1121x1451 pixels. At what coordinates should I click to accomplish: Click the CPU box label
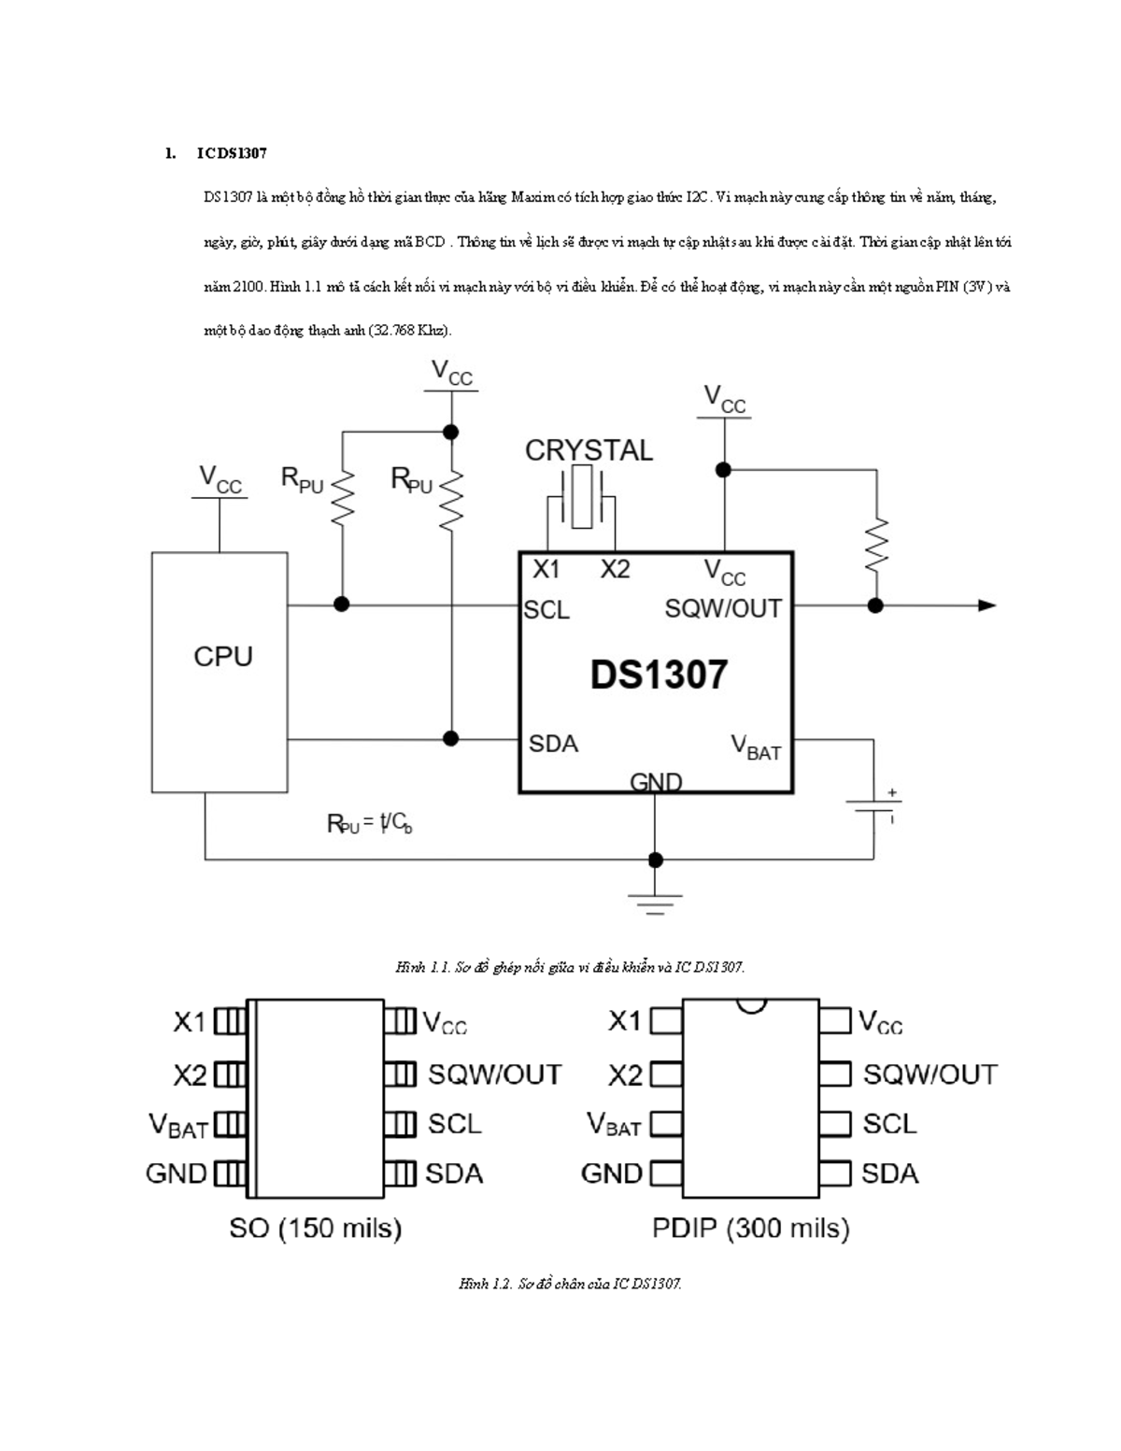222,657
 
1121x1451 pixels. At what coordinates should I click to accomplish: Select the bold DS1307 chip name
658,675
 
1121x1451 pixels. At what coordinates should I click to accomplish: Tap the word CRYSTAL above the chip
589,450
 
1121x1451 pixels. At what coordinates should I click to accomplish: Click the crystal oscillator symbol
581,499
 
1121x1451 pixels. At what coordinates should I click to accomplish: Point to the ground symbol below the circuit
655,902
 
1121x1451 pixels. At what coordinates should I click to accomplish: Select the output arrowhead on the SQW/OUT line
986,605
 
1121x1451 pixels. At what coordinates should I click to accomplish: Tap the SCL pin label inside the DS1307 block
546,610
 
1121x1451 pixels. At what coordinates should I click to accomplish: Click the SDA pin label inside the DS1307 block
553,744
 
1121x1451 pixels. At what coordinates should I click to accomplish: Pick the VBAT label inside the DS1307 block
755,747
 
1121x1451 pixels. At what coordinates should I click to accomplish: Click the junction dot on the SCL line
342,605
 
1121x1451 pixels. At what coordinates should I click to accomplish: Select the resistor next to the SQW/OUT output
875,545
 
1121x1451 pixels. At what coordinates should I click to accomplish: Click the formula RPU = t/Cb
369,824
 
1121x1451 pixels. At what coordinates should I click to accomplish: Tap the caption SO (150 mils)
315,1228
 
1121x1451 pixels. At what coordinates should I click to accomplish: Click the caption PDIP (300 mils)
750,1228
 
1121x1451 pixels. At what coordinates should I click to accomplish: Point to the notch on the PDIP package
750,1005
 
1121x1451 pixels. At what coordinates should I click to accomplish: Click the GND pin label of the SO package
176,1173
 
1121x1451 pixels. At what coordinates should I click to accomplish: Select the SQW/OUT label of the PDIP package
929,1074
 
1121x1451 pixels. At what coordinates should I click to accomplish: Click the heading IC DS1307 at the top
232,153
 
